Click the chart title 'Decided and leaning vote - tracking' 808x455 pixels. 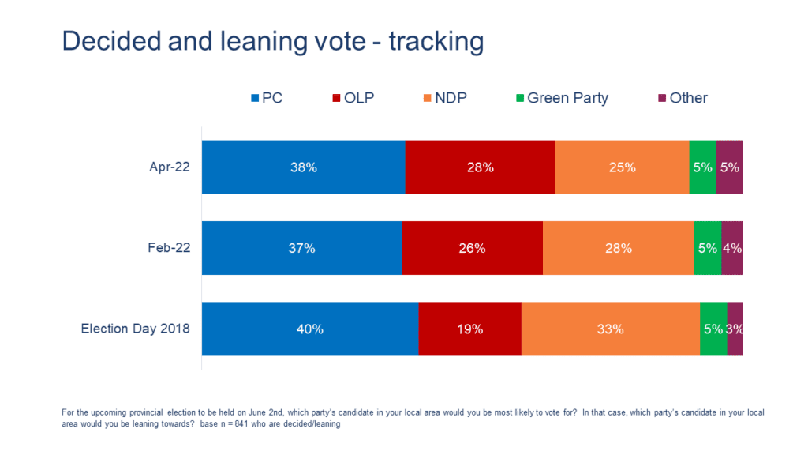272,41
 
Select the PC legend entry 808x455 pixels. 267,99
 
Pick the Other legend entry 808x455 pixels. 683,99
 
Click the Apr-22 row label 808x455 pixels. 170,167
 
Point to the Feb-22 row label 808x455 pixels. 170,248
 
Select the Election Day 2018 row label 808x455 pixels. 136,329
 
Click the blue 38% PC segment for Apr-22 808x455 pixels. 304,167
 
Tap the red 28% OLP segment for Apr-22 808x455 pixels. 480,167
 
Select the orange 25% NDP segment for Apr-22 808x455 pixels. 622,167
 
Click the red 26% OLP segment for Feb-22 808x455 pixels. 472,248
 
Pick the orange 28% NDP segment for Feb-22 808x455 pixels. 618,248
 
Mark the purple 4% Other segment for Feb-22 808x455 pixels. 732,248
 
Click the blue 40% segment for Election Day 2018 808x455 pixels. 310,329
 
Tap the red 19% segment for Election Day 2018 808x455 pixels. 469,329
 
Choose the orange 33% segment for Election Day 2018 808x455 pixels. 610,329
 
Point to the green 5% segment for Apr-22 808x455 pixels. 702,167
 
